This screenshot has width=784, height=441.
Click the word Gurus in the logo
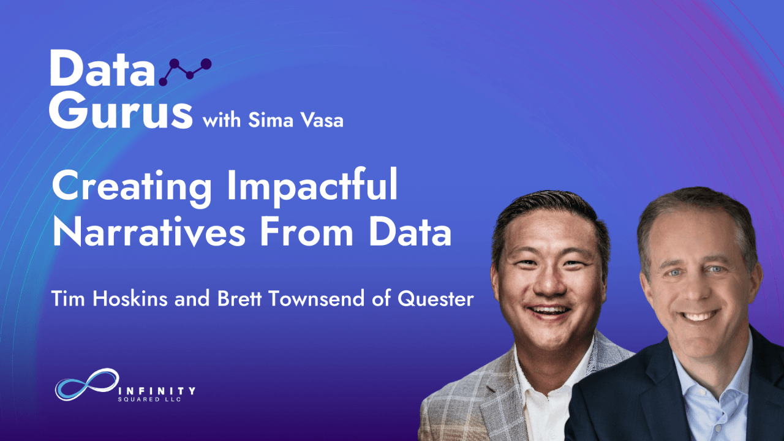pyautogui.click(x=121, y=111)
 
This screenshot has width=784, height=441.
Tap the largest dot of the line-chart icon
pyautogui.click(x=206, y=64)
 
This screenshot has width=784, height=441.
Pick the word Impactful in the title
pyautogui.click(x=312, y=187)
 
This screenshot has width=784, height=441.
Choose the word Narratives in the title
pyautogui.click(x=149, y=232)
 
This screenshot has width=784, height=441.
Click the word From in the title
pyautogui.click(x=307, y=232)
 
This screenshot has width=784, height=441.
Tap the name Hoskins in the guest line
pyautogui.click(x=130, y=298)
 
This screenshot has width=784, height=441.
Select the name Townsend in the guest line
pyautogui.click(x=317, y=298)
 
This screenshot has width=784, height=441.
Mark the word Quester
pyautogui.click(x=435, y=299)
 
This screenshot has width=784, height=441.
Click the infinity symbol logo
pyautogui.click(x=87, y=384)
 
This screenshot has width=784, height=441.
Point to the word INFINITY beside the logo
pyautogui.click(x=157, y=390)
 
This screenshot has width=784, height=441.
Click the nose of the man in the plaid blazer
pyautogui.click(x=549, y=284)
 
